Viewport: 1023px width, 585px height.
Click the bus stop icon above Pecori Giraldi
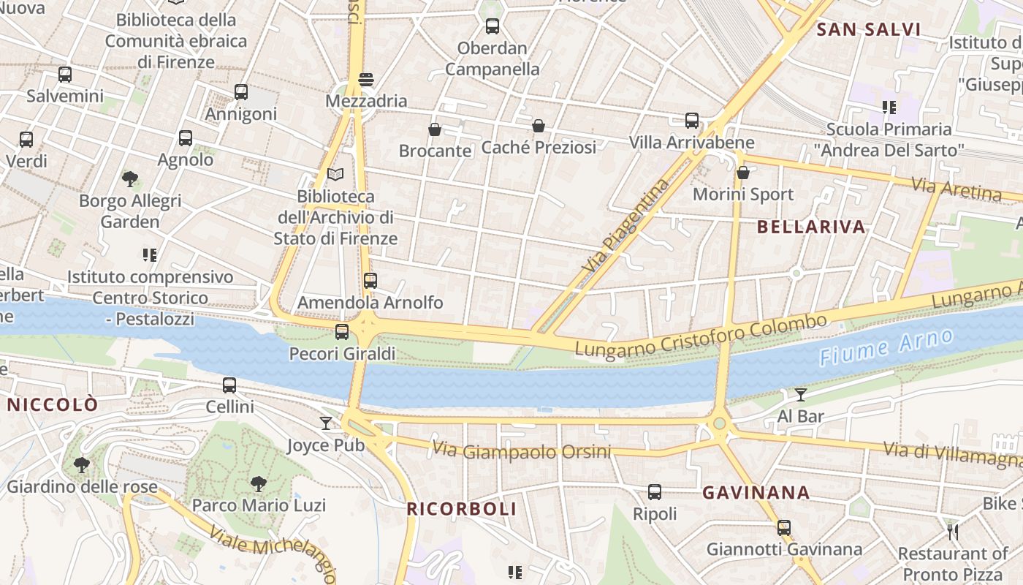[x=341, y=332]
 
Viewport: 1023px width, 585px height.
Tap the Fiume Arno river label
[x=886, y=347]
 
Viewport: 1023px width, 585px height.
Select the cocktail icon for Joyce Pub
[x=325, y=423]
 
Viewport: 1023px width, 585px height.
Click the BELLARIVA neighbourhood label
[x=811, y=227]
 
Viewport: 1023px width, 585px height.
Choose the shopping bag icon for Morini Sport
[x=743, y=173]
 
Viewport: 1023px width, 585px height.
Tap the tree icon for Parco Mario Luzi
[x=258, y=483]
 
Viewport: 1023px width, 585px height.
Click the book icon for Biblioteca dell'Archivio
[x=335, y=175]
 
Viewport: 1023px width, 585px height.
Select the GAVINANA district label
[x=756, y=493]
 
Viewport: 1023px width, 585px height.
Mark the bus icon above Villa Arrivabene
[x=691, y=121]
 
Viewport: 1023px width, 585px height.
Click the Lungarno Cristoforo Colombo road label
[x=701, y=337]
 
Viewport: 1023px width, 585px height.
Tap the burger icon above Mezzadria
[x=366, y=79]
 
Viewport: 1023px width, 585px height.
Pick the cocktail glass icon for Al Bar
[x=801, y=395]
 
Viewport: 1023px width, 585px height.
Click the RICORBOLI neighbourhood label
[x=461, y=509]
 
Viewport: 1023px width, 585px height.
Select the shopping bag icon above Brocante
[x=435, y=129]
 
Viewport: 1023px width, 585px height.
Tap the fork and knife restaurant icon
[x=952, y=532]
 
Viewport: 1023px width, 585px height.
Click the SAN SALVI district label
[x=868, y=30]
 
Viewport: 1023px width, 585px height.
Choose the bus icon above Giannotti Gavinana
[x=784, y=527]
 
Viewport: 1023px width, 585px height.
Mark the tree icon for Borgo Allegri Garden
[x=130, y=178]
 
